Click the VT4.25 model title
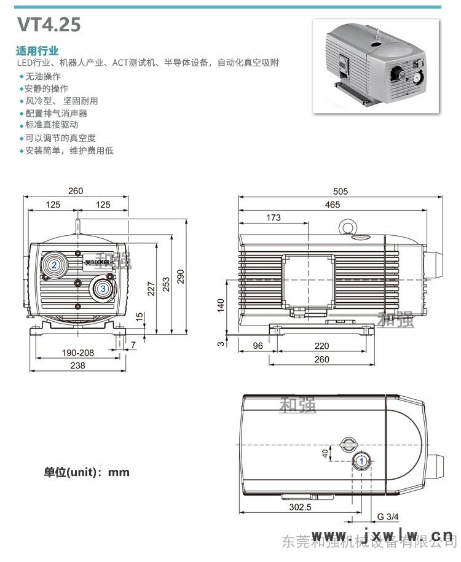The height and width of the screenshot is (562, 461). click(49, 25)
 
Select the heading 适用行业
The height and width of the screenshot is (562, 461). click(37, 51)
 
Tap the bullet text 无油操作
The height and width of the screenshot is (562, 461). click(42, 76)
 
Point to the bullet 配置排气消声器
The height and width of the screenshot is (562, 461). click(56, 114)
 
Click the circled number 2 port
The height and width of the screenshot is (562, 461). click(55, 265)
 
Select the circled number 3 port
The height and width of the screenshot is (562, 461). click(103, 287)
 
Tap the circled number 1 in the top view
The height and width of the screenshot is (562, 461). click(362, 461)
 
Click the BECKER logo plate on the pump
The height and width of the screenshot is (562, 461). click(98, 263)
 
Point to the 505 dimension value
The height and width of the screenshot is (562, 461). click(341, 192)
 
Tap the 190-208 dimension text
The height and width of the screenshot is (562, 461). click(77, 353)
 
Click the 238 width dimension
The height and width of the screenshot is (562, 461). click(77, 365)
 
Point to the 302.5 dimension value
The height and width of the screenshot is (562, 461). click(300, 507)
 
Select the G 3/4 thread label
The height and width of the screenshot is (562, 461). click(388, 516)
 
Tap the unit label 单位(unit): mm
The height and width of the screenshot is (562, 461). click(87, 472)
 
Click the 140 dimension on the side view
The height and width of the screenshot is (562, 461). click(221, 305)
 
